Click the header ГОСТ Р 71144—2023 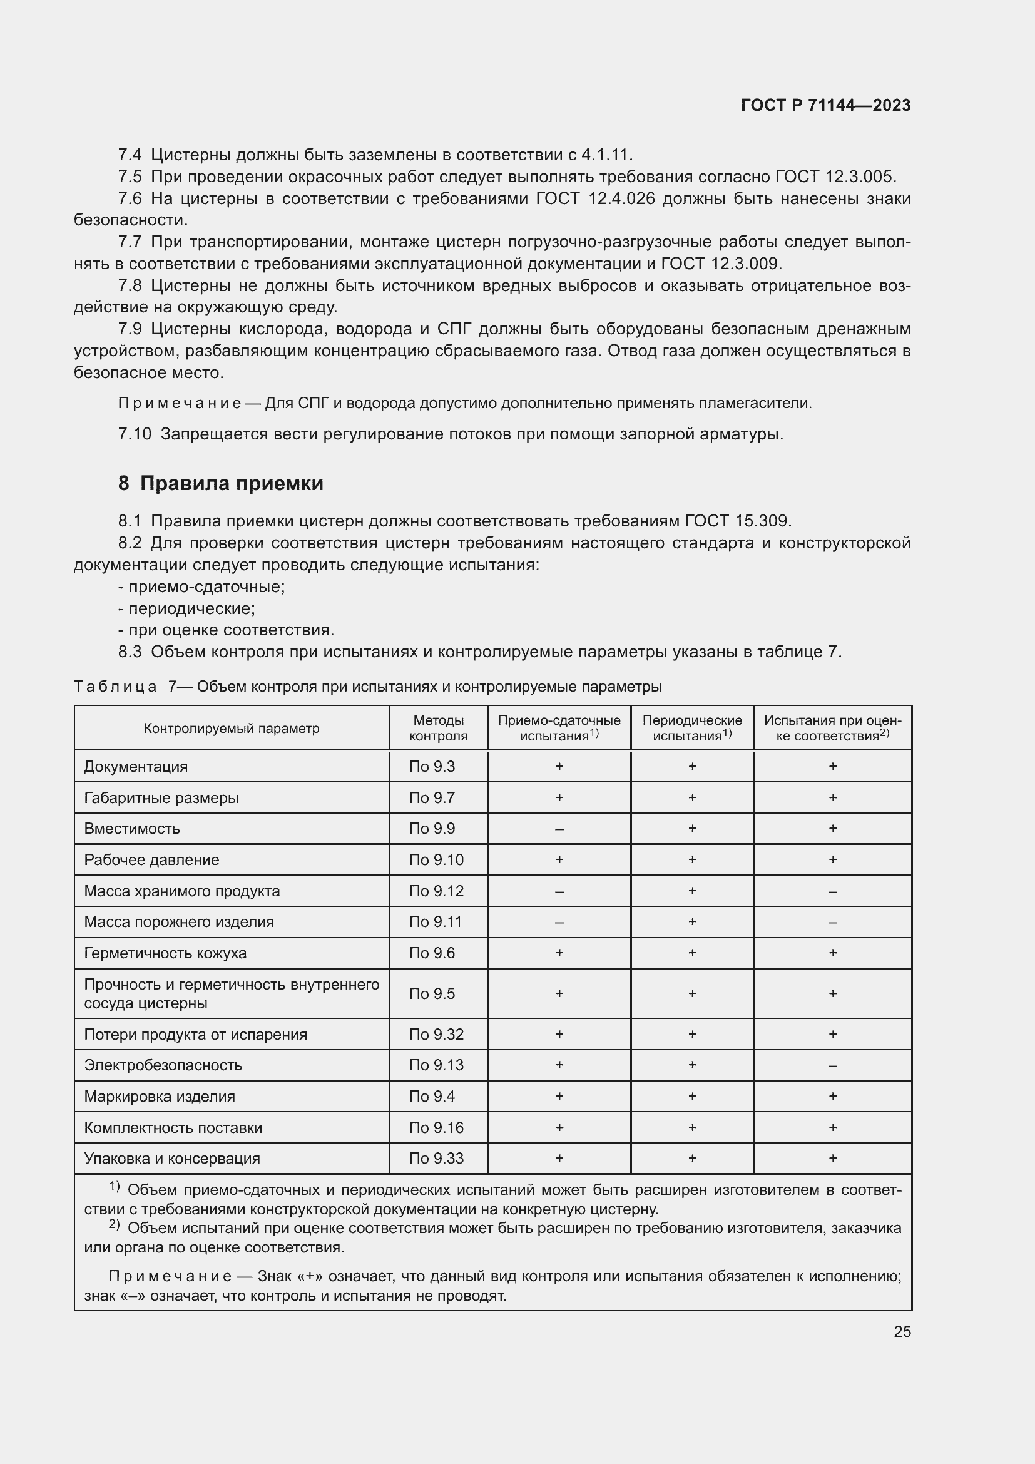825,105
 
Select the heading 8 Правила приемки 220,483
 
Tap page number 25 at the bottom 902,1331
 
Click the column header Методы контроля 438,727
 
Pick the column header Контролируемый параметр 232,728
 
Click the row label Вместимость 132,828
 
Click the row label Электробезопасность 163,1065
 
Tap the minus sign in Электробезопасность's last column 832,1065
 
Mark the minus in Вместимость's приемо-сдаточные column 559,829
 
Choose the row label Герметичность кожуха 165,953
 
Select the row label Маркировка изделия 160,1096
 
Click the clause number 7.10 135,434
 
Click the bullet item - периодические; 186,608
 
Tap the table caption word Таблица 115,687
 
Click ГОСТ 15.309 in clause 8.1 737,521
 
